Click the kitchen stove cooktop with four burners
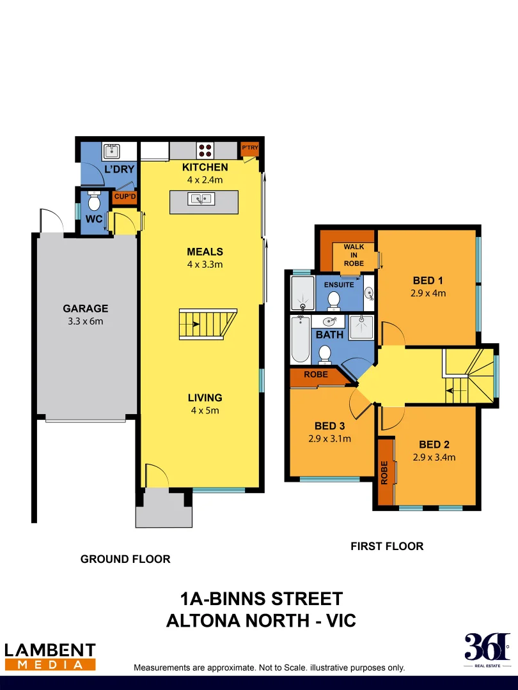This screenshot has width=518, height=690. click(x=205, y=151)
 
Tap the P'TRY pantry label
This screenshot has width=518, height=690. click(x=249, y=148)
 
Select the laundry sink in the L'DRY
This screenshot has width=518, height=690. click(x=112, y=151)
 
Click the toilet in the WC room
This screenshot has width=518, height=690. click(x=94, y=203)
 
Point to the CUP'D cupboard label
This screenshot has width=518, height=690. click(x=125, y=197)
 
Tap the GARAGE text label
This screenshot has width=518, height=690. click(x=85, y=308)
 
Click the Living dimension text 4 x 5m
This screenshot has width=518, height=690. click(x=205, y=410)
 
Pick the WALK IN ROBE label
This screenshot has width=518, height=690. click(x=354, y=255)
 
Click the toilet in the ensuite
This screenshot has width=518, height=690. click(x=333, y=299)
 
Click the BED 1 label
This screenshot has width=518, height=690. click(x=428, y=280)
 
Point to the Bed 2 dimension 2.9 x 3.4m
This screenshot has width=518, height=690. click(x=435, y=457)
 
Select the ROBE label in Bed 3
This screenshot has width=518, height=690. click(x=316, y=375)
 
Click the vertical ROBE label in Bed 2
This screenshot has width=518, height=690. click(x=384, y=473)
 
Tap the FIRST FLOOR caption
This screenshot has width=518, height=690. click(x=386, y=546)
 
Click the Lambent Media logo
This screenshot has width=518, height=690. click(x=50, y=657)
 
